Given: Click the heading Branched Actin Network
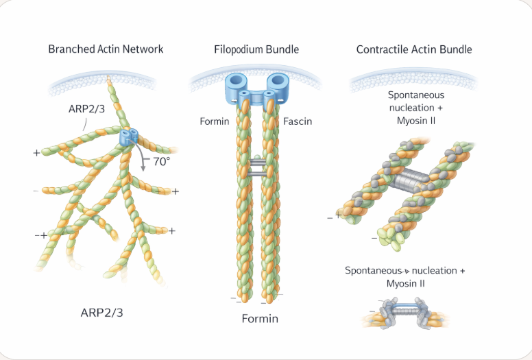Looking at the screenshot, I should tap(106, 49).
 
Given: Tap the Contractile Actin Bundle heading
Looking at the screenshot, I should tap(414, 49).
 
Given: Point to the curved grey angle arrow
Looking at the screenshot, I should tap(143, 159).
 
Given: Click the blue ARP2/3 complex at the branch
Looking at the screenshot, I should tap(128, 135).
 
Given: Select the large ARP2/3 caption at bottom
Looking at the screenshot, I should tap(102, 313).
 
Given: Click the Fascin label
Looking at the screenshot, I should tap(298, 121).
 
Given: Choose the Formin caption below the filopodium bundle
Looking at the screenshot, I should tap(260, 319).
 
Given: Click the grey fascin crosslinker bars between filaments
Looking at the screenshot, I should tap(258, 169).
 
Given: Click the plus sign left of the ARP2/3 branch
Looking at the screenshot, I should tap(36, 152).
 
